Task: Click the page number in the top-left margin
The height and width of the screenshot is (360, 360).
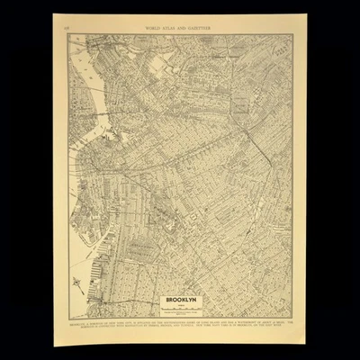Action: point(69,29)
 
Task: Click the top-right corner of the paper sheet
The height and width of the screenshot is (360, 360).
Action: point(303,20)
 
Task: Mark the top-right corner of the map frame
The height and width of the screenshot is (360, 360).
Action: point(293,34)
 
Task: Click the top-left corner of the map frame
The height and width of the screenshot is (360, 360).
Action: point(69,34)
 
